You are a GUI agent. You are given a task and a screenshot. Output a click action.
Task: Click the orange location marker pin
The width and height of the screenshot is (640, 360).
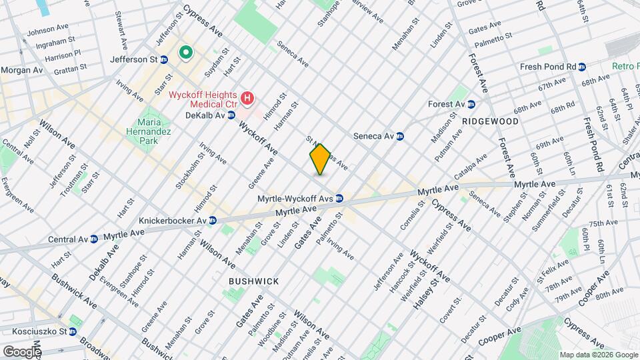(x=320, y=159)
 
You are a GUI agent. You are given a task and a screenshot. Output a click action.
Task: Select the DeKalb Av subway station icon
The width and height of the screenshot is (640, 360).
(x=231, y=115)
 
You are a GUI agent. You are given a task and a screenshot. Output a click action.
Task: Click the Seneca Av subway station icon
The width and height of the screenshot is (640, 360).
(x=400, y=136)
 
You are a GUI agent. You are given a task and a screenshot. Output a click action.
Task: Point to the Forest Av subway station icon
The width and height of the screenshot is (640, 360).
(x=471, y=104)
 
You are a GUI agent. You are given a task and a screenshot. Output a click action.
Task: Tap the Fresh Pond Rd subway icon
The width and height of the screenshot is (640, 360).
(x=582, y=67)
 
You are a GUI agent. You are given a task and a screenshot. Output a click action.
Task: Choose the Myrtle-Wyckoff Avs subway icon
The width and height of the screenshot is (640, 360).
(x=339, y=198)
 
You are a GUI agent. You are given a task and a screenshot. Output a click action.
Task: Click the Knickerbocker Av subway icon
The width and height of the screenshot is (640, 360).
(x=212, y=220)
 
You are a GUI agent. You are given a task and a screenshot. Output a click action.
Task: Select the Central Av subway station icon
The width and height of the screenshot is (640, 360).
(x=94, y=238)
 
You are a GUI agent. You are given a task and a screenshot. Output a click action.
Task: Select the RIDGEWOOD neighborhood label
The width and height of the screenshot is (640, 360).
(x=489, y=122)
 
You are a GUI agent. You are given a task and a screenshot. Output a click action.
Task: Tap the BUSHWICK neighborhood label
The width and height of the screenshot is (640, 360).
(x=253, y=281)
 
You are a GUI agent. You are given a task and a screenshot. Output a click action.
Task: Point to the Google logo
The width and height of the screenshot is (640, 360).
(x=21, y=351)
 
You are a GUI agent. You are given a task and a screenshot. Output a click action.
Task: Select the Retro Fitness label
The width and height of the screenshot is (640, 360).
(x=626, y=67)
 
